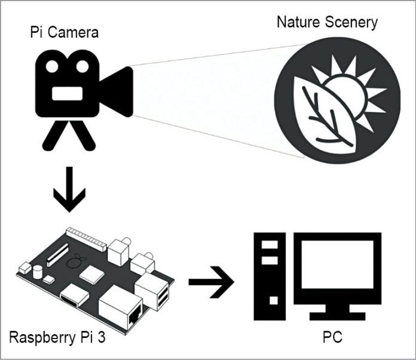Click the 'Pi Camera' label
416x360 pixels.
pos(64,32)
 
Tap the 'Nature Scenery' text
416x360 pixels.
pos(328,23)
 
